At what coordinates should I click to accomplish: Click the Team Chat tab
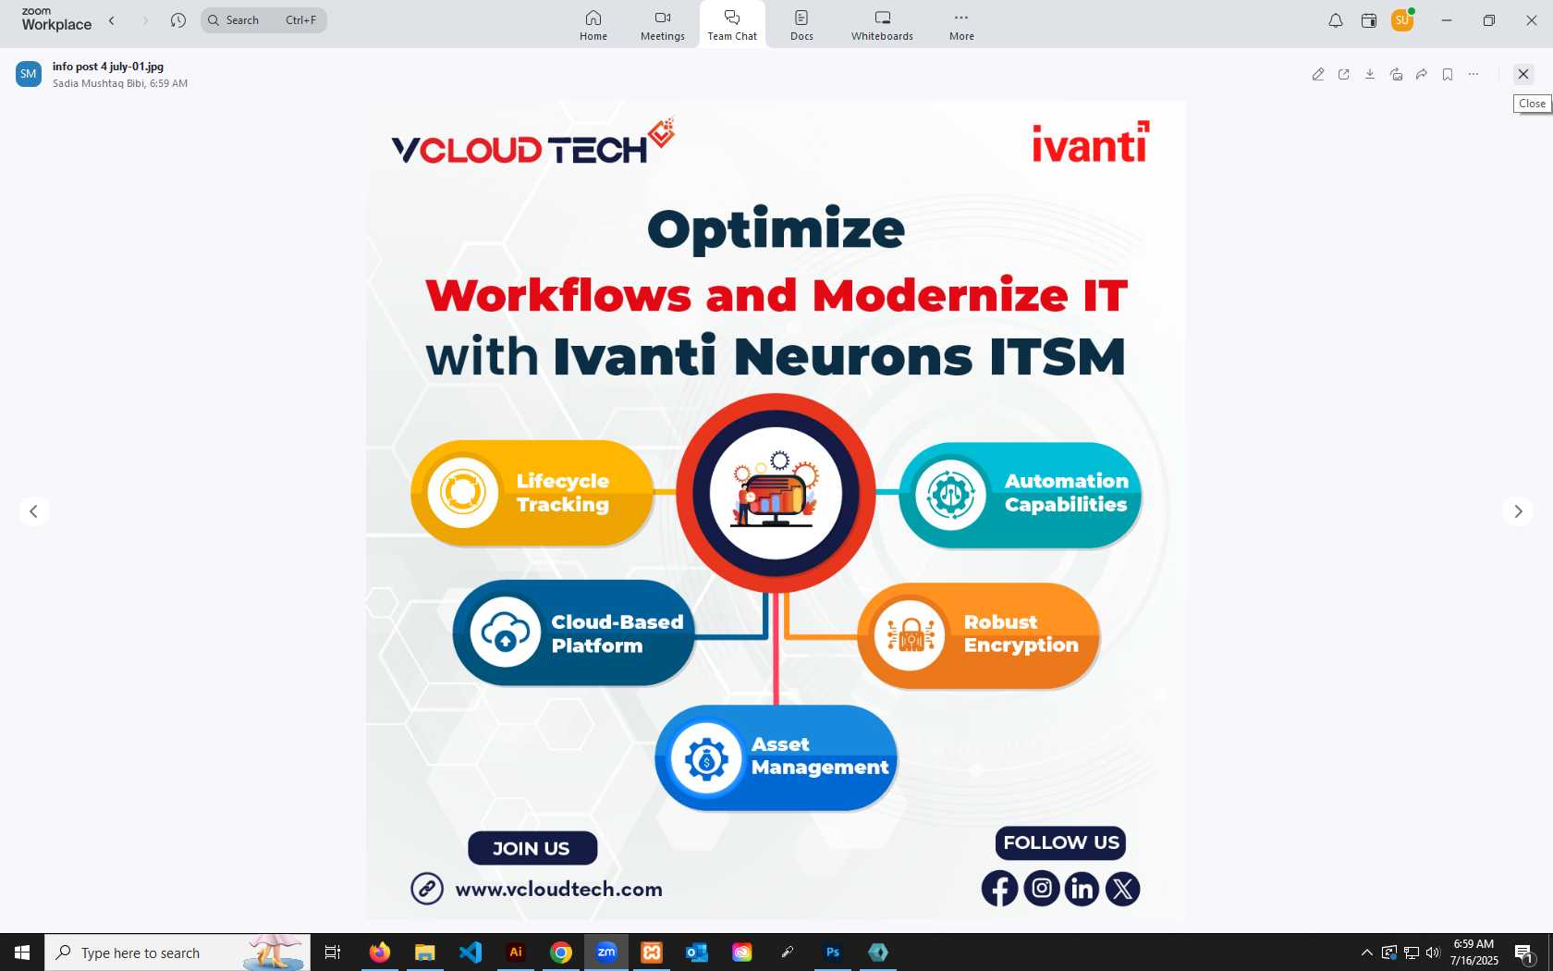(x=731, y=25)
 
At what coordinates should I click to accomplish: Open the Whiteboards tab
(x=882, y=25)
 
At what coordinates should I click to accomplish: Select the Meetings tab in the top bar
(x=662, y=25)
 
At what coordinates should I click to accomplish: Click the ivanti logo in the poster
(x=1091, y=142)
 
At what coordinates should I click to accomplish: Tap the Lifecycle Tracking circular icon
(x=462, y=492)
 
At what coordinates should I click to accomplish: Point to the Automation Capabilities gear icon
(x=950, y=495)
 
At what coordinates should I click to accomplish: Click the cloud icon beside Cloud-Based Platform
(x=505, y=632)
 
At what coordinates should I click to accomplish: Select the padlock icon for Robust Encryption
(x=909, y=634)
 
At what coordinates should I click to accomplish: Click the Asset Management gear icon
(x=706, y=758)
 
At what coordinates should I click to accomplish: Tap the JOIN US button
(x=532, y=848)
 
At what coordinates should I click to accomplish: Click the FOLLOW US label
(x=1061, y=842)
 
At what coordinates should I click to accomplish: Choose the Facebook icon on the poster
(x=999, y=889)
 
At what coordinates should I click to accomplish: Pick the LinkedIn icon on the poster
(x=1082, y=889)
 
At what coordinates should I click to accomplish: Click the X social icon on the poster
(x=1122, y=889)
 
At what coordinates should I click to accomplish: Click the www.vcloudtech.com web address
(x=558, y=890)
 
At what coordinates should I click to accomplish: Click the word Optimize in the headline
(x=776, y=230)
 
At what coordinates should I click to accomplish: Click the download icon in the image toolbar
(x=1369, y=74)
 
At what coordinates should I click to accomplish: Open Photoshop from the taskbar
(x=833, y=953)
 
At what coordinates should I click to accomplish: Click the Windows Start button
(x=21, y=953)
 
